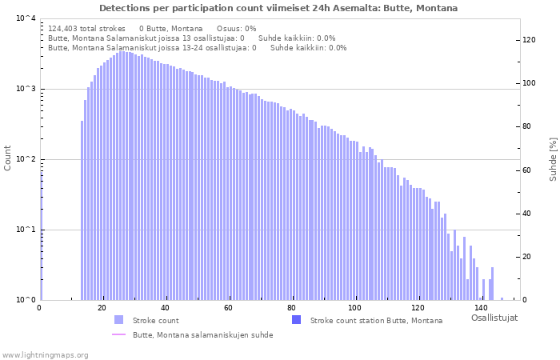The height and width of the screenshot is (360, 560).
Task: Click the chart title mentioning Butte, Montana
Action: [278, 8]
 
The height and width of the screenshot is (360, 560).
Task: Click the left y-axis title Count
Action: [8, 158]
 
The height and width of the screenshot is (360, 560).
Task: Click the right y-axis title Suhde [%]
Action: [553, 158]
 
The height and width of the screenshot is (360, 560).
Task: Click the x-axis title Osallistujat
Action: [494, 318]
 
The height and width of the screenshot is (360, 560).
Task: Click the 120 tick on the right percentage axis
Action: [529, 40]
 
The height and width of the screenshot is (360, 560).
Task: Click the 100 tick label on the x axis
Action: [354, 308]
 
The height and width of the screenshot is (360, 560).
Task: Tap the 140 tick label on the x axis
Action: [481, 308]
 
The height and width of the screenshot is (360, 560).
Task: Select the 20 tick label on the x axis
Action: [102, 308]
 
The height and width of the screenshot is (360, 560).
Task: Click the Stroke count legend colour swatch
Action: [118, 320]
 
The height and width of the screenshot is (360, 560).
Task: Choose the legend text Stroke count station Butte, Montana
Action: [376, 320]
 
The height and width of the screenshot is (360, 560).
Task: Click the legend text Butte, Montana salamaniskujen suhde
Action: [202, 335]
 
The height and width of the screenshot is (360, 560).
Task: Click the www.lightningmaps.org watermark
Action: [45, 354]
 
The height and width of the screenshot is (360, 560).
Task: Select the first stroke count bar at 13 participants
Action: [82, 210]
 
